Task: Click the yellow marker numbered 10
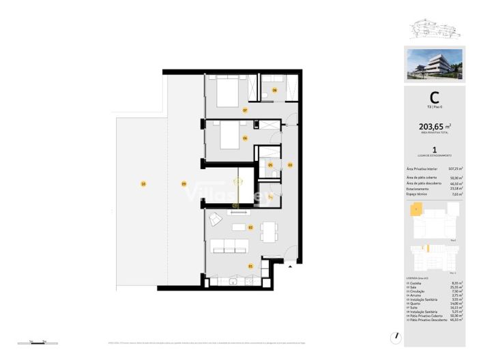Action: [143, 183]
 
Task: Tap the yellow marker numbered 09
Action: [184, 183]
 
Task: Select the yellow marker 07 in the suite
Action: [245, 110]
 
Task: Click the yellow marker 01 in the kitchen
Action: [250, 266]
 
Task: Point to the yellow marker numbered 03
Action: [289, 165]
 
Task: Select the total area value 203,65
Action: [430, 126]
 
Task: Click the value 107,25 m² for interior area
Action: [455, 168]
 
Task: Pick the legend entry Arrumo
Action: [418, 295]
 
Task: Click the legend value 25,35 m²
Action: [456, 287]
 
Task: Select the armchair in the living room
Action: [215, 219]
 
